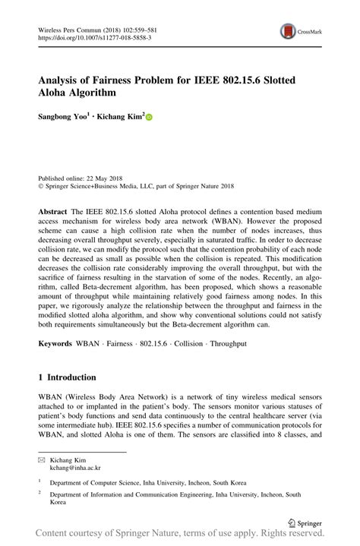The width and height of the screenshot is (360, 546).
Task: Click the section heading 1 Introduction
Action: point(68,377)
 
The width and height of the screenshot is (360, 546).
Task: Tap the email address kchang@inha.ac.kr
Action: point(75,468)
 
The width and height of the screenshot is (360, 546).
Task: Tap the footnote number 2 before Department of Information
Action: point(40,494)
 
